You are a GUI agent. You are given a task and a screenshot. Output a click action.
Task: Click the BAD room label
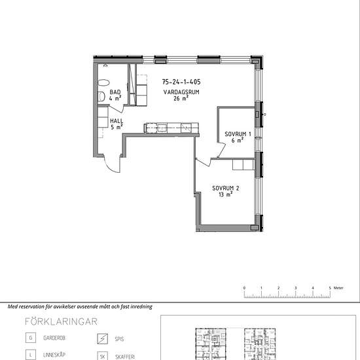click(115, 92)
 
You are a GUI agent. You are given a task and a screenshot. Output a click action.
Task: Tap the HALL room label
click(117, 121)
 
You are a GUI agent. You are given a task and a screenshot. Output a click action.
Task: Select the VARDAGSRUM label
click(181, 92)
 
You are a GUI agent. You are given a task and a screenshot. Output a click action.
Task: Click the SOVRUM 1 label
click(238, 134)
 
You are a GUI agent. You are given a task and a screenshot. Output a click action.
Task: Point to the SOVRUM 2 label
click(226, 189)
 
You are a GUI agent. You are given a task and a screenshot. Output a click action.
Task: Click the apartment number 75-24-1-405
click(181, 82)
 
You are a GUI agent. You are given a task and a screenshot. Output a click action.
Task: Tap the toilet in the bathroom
click(101, 96)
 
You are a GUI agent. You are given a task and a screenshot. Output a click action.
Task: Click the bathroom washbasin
click(103, 82)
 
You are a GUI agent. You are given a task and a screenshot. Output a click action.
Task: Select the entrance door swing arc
click(110, 167)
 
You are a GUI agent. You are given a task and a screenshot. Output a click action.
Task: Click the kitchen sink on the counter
click(162, 128)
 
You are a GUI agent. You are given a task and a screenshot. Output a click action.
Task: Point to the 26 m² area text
click(181, 98)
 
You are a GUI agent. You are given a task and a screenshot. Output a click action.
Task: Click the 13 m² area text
click(226, 194)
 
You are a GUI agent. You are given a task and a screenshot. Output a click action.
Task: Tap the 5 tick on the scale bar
click(330, 294)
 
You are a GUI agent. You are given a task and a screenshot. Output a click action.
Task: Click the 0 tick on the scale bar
click(244, 294)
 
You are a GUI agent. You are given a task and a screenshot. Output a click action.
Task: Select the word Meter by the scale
click(338, 288)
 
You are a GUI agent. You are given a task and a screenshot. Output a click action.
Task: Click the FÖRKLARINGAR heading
click(61, 321)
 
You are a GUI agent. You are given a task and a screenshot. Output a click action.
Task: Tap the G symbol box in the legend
click(31, 338)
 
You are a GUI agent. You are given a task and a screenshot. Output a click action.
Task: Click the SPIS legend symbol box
click(102, 338)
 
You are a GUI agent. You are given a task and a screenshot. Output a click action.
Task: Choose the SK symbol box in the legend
click(102, 356)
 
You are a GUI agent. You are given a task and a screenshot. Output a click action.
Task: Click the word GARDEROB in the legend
click(54, 338)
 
